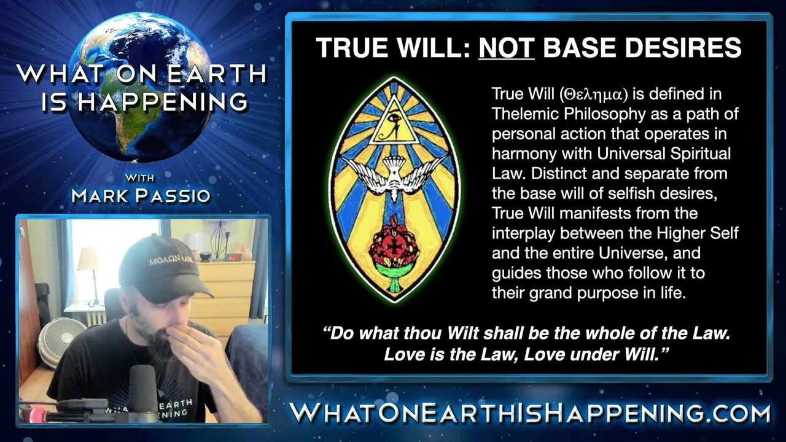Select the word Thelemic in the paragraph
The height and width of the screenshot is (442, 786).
[525, 114]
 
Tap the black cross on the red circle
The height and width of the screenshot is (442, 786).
[394, 247]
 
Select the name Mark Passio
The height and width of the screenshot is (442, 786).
[141, 195]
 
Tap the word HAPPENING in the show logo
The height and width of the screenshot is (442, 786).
[162, 102]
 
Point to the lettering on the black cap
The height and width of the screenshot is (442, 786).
[171, 260]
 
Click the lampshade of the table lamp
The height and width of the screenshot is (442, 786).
[89, 259]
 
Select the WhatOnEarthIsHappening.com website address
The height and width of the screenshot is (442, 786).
[530, 413]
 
